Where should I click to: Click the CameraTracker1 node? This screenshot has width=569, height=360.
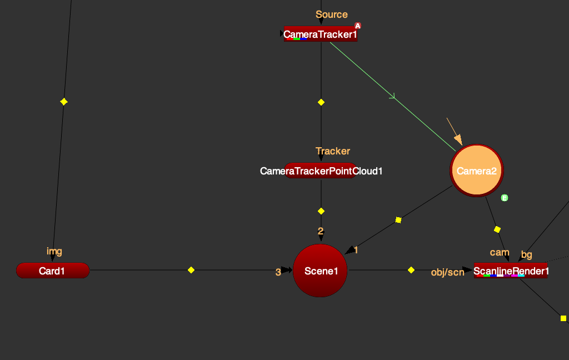tap(321, 34)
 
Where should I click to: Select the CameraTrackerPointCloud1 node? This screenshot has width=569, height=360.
tap(321, 171)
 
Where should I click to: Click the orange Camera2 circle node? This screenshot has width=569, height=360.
tap(476, 171)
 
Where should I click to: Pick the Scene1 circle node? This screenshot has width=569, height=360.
tap(320, 271)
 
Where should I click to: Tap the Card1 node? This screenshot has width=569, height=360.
tap(53, 271)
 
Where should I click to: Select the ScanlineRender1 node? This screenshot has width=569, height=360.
tap(511, 271)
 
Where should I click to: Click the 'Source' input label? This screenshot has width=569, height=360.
tap(332, 14)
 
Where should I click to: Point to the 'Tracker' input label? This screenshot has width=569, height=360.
tap(333, 151)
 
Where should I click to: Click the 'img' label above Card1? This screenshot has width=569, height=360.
tap(54, 252)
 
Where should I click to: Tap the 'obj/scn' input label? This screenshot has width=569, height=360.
tap(447, 272)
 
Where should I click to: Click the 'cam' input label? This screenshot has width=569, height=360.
tap(500, 252)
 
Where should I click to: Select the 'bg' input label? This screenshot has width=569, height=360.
tap(527, 255)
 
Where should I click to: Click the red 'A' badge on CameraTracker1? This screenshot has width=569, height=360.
tap(358, 26)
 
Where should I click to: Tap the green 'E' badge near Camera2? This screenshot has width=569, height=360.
tap(505, 198)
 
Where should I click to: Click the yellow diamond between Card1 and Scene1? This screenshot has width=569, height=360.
tap(191, 270)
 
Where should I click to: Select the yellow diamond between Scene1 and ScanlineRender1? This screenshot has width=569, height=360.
tap(411, 270)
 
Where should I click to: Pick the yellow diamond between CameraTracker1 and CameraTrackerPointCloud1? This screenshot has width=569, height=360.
tap(321, 102)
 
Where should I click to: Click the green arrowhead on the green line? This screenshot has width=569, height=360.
tap(392, 97)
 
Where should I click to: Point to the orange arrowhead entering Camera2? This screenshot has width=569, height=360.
tap(458, 139)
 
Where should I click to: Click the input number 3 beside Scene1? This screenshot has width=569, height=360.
tap(278, 272)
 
